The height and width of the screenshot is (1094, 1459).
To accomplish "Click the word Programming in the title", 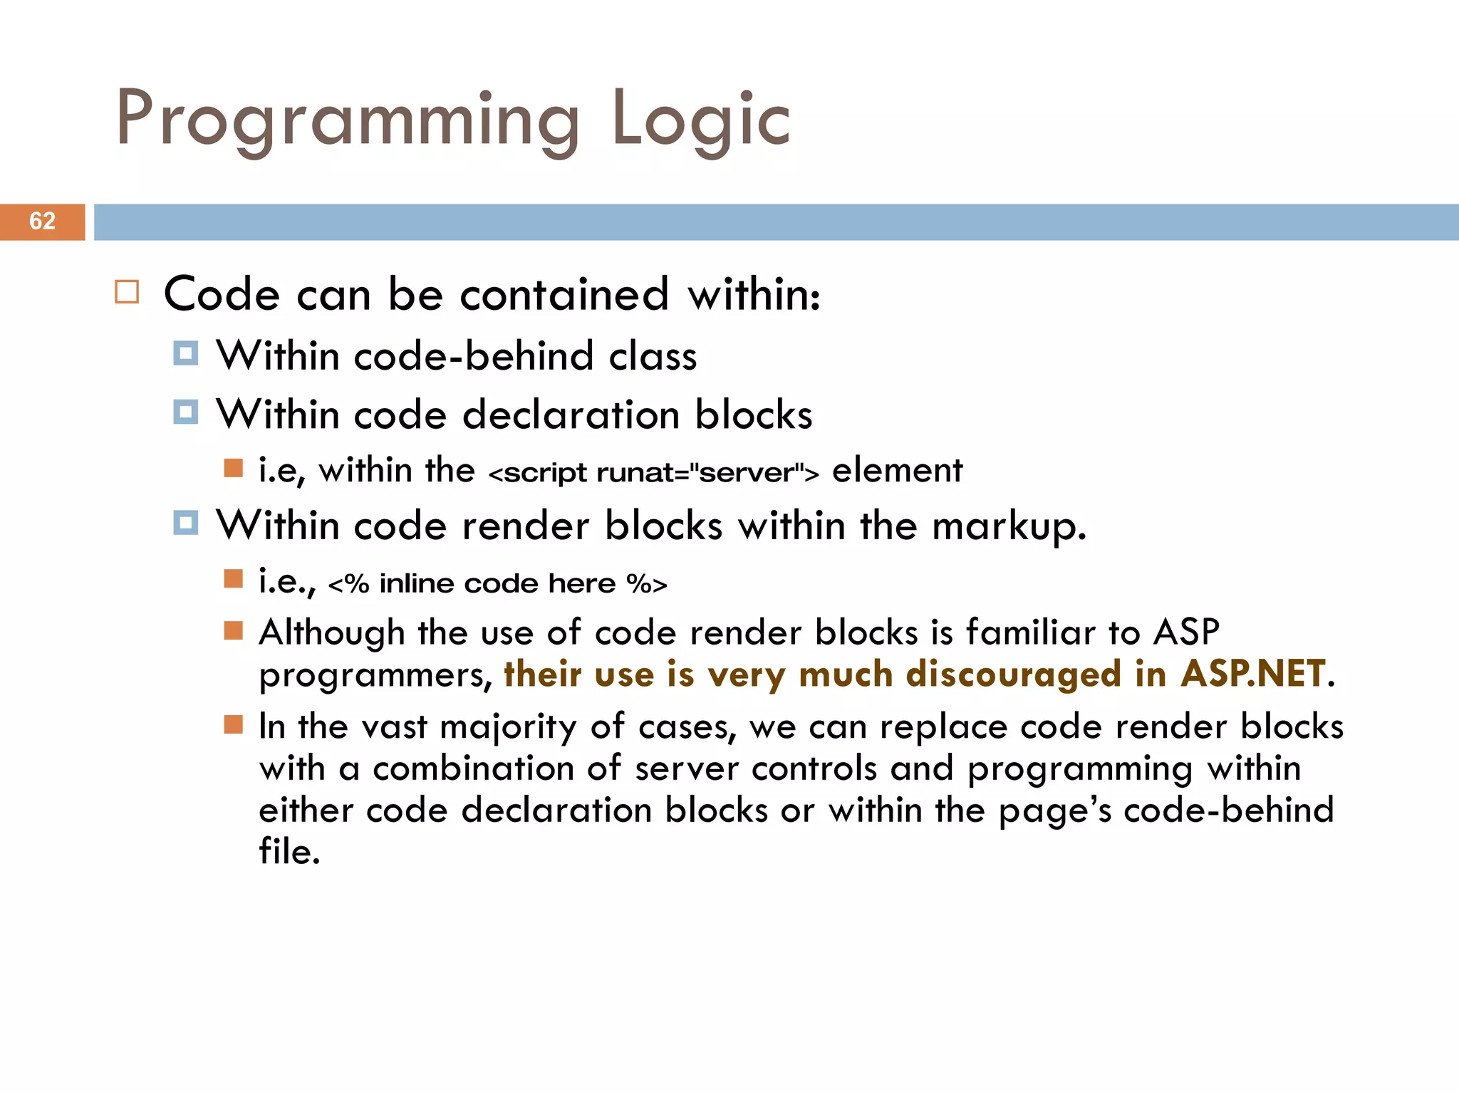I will [x=348, y=120].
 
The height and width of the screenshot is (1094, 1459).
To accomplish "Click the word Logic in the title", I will [x=700, y=120].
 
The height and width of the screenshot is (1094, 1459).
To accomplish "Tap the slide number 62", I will [x=42, y=222].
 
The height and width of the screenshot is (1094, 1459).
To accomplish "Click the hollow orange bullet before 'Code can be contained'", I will [x=127, y=292].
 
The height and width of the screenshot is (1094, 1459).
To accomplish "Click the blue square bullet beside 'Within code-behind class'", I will [x=185, y=353].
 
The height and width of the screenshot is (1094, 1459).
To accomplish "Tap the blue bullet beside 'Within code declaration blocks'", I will [x=185, y=412].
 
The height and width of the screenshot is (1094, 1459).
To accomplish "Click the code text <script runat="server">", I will [x=653, y=472].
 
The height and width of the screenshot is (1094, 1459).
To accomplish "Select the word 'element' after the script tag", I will [x=897, y=471].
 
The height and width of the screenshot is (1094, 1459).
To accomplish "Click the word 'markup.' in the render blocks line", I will [x=1009, y=526].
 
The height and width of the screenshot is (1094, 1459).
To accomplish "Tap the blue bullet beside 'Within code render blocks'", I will [x=185, y=523].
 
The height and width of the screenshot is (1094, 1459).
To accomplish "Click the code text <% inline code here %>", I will [x=497, y=584].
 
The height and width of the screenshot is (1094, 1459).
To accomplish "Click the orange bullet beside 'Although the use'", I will [x=233, y=630].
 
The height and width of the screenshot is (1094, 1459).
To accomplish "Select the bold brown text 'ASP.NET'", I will [x=1254, y=674].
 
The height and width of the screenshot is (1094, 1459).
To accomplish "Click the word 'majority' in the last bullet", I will [x=508, y=728].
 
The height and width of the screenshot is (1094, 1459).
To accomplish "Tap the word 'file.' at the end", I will [x=289, y=852].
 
